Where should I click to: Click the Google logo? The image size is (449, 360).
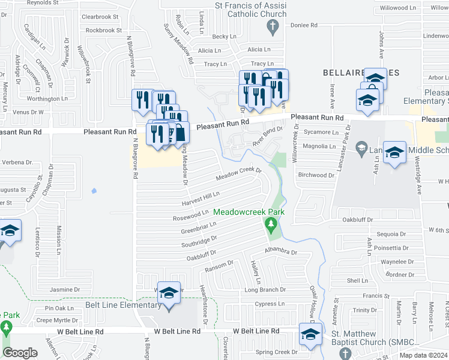tap(20, 353)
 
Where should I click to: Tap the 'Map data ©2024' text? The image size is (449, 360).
tap(423, 355)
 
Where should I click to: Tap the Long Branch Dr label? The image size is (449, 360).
tap(265, 290)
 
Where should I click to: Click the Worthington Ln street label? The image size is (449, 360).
tap(47, 99)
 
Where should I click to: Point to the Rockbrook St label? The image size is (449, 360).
tap(104, 30)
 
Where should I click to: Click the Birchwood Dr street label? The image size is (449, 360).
tap(315, 175)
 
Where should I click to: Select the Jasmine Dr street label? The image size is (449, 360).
tap(65, 290)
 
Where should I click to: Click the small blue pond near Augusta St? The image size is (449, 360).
tap(94, 191)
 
